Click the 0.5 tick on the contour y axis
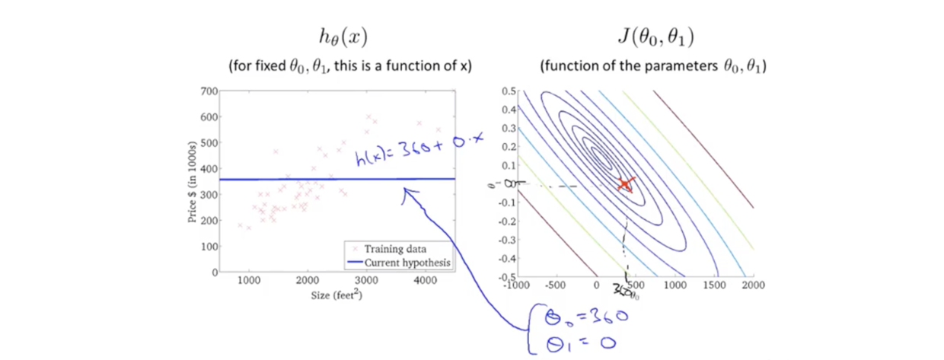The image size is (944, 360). pos(508,91)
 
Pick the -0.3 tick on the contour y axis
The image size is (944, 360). pos(505,239)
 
